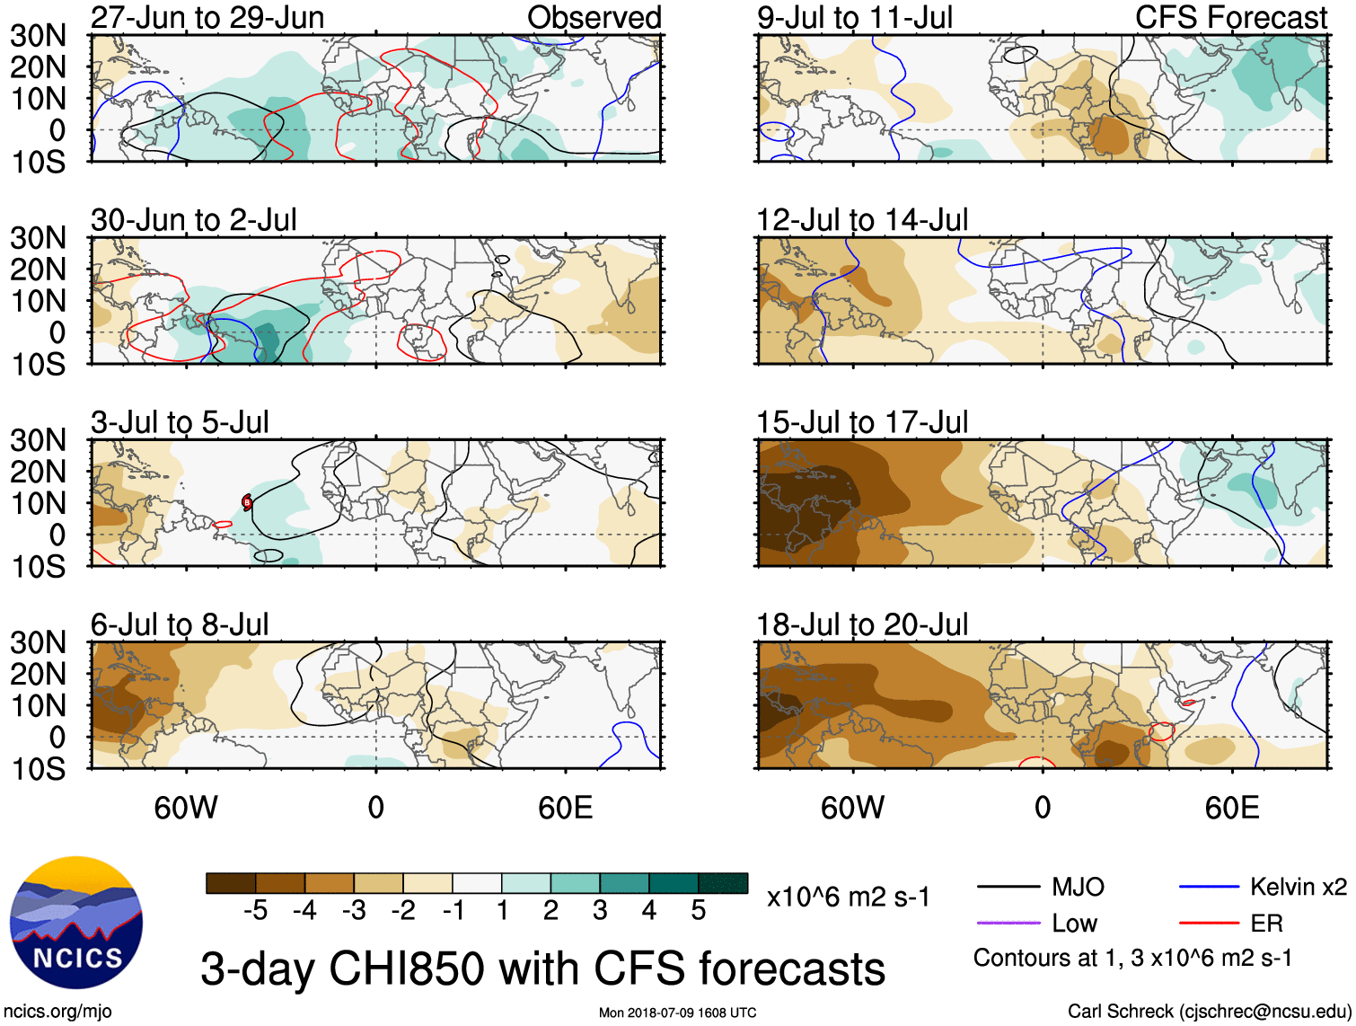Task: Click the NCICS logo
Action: tap(76, 923)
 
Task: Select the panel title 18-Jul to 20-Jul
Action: tap(862, 624)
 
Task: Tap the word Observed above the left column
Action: tap(594, 18)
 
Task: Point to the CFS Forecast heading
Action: tap(1230, 18)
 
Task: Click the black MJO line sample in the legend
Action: tap(1008, 888)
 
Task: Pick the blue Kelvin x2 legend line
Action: tap(1209, 888)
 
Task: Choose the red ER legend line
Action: tap(1209, 923)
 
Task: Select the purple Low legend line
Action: tap(1008, 923)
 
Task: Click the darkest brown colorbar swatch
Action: tap(231, 883)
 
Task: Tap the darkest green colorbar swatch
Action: tap(723, 883)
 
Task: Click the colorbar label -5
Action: tap(256, 911)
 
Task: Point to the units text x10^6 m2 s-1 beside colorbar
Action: tap(848, 898)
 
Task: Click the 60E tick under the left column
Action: tap(565, 808)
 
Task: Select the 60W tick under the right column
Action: tap(852, 808)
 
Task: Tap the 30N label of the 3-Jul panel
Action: tap(38, 440)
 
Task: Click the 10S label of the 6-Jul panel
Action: tap(38, 769)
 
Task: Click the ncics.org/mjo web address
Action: tap(57, 1012)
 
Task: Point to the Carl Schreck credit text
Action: tap(1209, 1012)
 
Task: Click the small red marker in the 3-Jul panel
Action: tap(247, 502)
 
